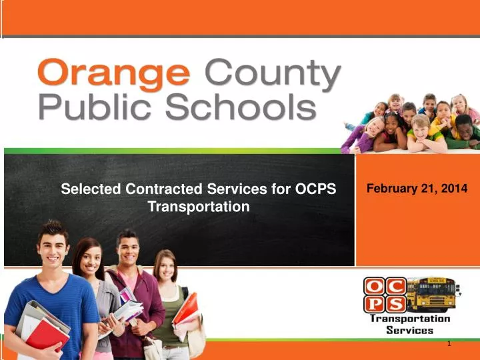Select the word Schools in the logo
click(x=246, y=107)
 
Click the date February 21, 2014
click(x=417, y=189)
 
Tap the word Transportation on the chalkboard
click(x=198, y=207)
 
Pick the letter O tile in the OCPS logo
click(x=373, y=286)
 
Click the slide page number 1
click(x=449, y=343)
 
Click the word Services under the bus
click(x=410, y=330)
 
